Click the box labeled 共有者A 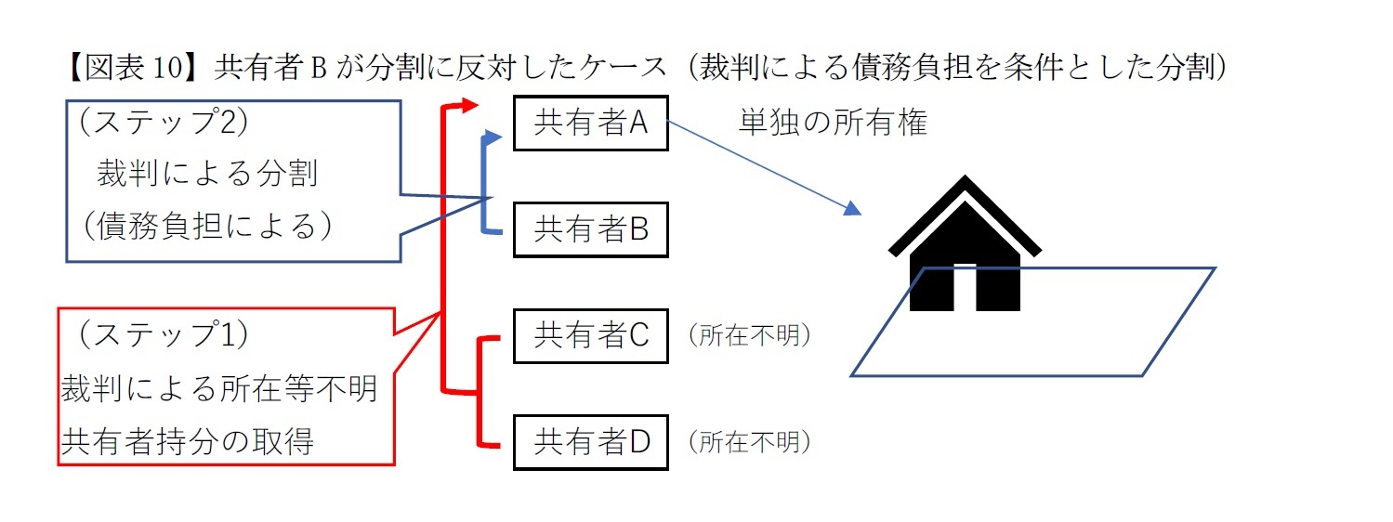click(x=590, y=124)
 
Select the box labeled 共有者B click(x=590, y=229)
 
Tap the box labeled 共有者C click(x=590, y=335)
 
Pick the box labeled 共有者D click(x=590, y=442)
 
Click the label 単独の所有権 click(x=833, y=123)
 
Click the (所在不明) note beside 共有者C click(x=749, y=336)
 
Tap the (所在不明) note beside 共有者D click(x=749, y=443)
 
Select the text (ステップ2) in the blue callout click(x=162, y=123)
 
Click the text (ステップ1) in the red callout click(x=162, y=335)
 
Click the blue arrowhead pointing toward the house click(x=852, y=210)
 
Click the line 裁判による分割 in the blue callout click(x=206, y=174)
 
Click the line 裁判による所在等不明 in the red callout click(x=219, y=389)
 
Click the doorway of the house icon click(x=965, y=288)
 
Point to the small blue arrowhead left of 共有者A click(x=494, y=137)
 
